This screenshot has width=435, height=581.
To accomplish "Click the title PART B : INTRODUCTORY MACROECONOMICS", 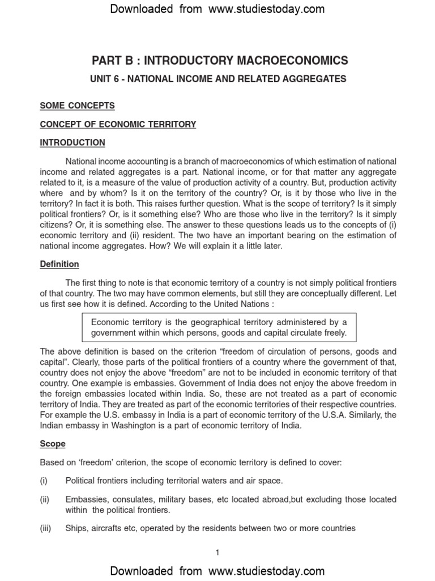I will [x=220, y=60].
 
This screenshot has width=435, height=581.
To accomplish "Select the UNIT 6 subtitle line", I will [x=218, y=79].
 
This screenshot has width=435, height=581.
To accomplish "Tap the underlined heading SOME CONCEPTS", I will [x=77, y=106].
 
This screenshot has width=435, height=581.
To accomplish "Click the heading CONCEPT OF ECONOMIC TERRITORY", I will [x=118, y=124].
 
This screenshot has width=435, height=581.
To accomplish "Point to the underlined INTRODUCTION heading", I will [x=72, y=142].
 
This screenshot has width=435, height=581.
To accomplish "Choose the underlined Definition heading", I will [x=59, y=264].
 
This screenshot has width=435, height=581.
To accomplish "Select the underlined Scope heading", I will [x=53, y=444].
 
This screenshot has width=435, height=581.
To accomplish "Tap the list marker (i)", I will [x=44, y=481].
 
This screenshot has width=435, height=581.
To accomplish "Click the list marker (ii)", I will [x=45, y=499].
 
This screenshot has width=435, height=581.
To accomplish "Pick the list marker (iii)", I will [x=45, y=528].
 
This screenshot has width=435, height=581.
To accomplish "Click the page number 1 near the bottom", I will [x=217, y=553].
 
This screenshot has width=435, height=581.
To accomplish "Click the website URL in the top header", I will [x=266, y=9].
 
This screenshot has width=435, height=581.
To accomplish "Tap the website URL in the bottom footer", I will [x=266, y=571].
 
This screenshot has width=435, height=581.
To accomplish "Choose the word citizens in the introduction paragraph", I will [x=57, y=224].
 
